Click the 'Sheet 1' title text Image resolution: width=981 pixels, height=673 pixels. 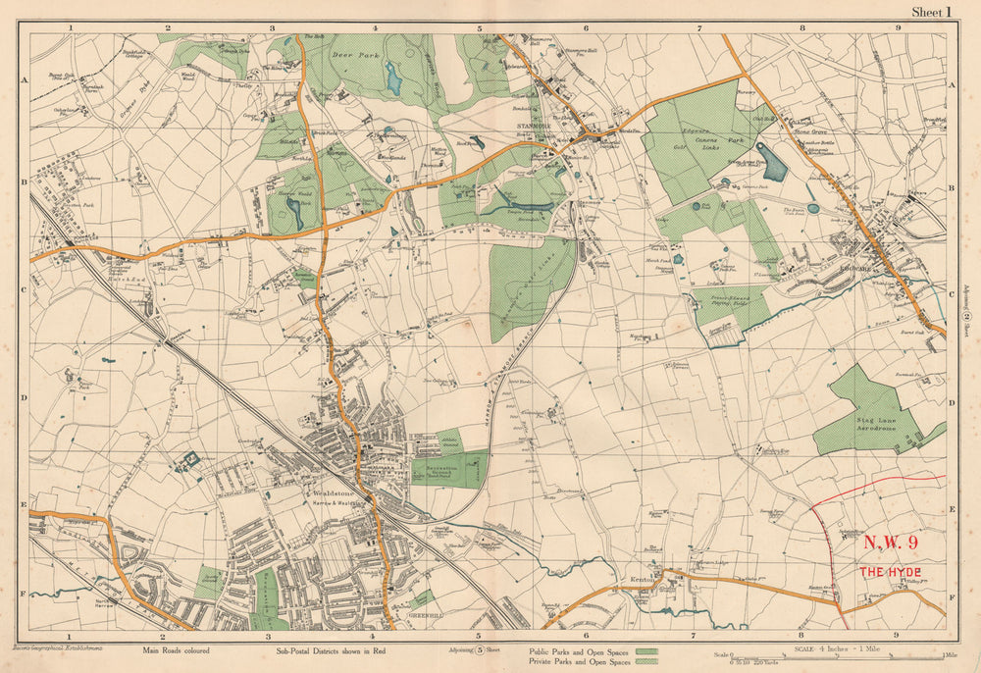click(932, 12)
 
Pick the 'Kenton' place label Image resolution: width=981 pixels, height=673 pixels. click(641, 582)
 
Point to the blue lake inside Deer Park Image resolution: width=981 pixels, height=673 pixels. click(393, 78)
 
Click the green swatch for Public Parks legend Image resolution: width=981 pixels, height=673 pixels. click(645, 649)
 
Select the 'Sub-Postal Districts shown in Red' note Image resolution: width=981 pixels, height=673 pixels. click(327, 649)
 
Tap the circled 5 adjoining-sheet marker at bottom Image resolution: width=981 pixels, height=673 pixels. click(480, 649)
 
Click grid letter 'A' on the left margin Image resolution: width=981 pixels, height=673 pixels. click(22, 84)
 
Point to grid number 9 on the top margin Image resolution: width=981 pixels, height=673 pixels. click(899, 27)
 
